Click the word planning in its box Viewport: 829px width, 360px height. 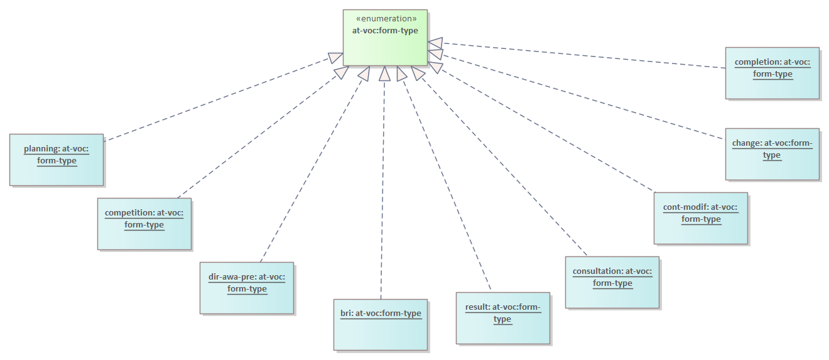41,150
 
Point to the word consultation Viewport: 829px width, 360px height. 597,272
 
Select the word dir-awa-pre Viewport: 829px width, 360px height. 232,276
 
